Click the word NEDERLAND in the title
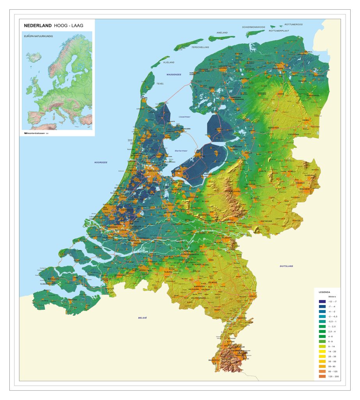pyautogui.click(x=37, y=25)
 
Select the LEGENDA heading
pyautogui.click(x=324, y=292)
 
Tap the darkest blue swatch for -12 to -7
pyautogui.click(x=322, y=302)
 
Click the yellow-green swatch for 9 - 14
pyautogui.click(x=322, y=346)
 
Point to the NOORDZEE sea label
pyautogui.click(x=100, y=162)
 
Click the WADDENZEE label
pyautogui.click(x=174, y=74)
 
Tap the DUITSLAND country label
pyautogui.click(x=286, y=266)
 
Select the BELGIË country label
pyautogui.click(x=142, y=318)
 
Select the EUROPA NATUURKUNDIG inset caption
pyautogui.click(x=39, y=36)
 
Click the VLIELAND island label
pyautogui.click(x=169, y=62)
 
